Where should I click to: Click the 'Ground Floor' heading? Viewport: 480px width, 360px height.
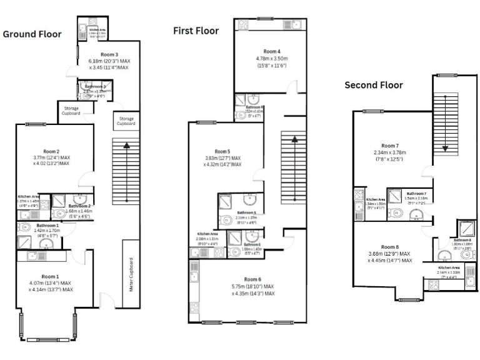pyautogui.click(x=32, y=34)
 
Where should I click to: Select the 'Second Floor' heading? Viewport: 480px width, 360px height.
pyautogui.click(x=374, y=85)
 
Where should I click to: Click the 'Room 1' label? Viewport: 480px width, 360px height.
pyautogui.click(x=50, y=276)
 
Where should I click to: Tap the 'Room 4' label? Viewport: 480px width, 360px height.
pyautogui.click(x=271, y=51)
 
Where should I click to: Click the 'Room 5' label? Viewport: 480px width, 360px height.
pyautogui.click(x=222, y=151)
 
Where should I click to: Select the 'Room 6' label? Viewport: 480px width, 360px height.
pyautogui.click(x=252, y=279)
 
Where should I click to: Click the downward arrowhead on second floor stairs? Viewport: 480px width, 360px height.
pyautogui.click(x=445, y=148)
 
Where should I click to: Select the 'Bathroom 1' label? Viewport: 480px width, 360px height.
pyautogui.click(x=47, y=225)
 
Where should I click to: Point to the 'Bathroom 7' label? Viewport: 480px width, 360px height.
pyautogui.click(x=416, y=194)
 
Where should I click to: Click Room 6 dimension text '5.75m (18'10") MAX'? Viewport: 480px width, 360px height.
pyautogui.click(x=252, y=286)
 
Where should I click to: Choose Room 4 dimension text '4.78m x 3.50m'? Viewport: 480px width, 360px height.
pyautogui.click(x=271, y=58)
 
